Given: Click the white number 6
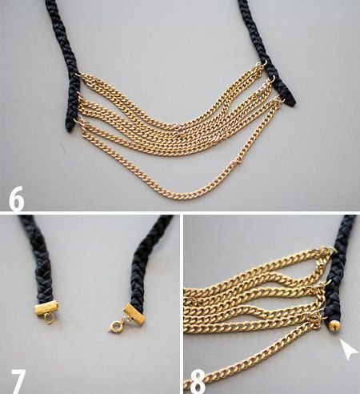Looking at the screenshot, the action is click(x=16, y=199).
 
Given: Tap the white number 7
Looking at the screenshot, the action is click(x=18, y=382).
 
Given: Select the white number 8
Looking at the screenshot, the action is click(x=198, y=382).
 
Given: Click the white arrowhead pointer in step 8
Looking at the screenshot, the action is click(x=348, y=348).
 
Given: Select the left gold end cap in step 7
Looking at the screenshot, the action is click(x=46, y=308).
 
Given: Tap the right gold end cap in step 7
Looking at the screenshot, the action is click(x=134, y=313).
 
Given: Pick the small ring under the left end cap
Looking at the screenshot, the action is click(x=50, y=319).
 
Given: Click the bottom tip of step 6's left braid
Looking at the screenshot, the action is click(x=69, y=131).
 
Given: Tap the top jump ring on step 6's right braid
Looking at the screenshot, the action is click(x=264, y=64).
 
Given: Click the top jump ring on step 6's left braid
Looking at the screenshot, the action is click(x=78, y=75).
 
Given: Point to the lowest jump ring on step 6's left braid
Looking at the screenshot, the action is click(x=78, y=119).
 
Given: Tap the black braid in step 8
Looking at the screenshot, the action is click(x=339, y=270).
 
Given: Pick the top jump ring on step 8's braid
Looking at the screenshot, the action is click(x=331, y=249).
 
